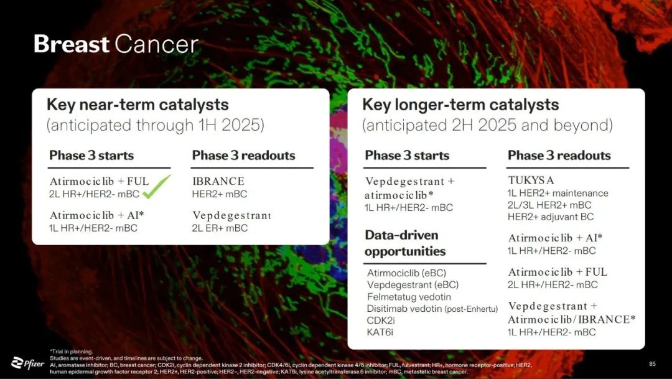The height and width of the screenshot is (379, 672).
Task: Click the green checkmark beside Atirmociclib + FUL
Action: (x=156, y=187)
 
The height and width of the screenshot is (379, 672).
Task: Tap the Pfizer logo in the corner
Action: (x=27, y=363)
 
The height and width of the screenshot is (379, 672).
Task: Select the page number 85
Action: (x=652, y=364)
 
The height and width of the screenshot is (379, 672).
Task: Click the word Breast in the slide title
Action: (x=71, y=44)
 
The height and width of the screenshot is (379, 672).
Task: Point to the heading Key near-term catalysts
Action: (x=138, y=105)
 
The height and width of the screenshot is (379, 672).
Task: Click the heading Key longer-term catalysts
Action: (x=460, y=105)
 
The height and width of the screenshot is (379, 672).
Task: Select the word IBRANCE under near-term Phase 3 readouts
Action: (x=218, y=181)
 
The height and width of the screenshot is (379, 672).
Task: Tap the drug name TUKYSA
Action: (x=531, y=180)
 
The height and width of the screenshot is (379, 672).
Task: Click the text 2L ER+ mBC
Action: (x=220, y=228)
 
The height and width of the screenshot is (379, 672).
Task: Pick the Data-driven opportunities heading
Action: (x=406, y=243)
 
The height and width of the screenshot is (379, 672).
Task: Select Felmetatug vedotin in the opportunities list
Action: (x=409, y=297)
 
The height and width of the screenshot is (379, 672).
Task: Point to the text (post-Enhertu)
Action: (x=471, y=309)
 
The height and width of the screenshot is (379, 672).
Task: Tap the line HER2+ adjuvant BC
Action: (x=551, y=217)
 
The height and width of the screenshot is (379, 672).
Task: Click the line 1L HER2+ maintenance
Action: (x=558, y=194)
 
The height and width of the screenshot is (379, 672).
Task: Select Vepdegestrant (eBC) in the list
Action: (x=413, y=284)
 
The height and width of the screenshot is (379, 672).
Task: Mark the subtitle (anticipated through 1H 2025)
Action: (x=155, y=125)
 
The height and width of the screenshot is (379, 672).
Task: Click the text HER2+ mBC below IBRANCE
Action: (x=220, y=194)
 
